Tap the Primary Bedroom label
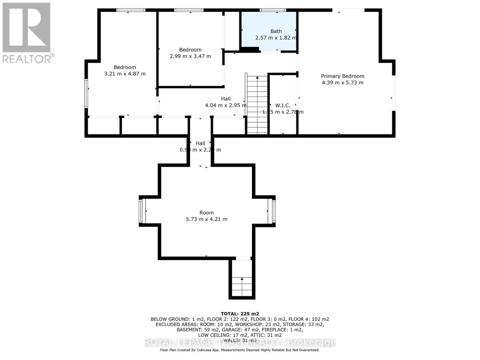[342, 76]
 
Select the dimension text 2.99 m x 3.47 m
[190, 56]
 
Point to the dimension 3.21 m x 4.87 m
[125, 74]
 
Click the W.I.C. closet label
[283, 106]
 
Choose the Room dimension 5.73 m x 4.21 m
[206, 219]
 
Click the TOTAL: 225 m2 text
[240, 314]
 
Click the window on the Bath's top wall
[273, 10]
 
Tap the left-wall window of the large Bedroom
[86, 93]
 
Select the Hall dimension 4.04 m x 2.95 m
[226, 105]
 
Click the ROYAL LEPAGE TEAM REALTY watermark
[240, 342]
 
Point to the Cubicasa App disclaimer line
[240, 350]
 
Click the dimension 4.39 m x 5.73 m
[342, 83]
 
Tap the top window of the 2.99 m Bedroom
[189, 10]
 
